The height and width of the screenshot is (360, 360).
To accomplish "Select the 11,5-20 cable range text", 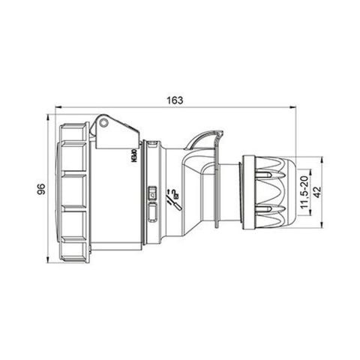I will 302,190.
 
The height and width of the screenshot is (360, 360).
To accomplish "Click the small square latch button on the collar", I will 153,193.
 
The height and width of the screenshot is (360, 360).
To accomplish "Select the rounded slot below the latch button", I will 153,212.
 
